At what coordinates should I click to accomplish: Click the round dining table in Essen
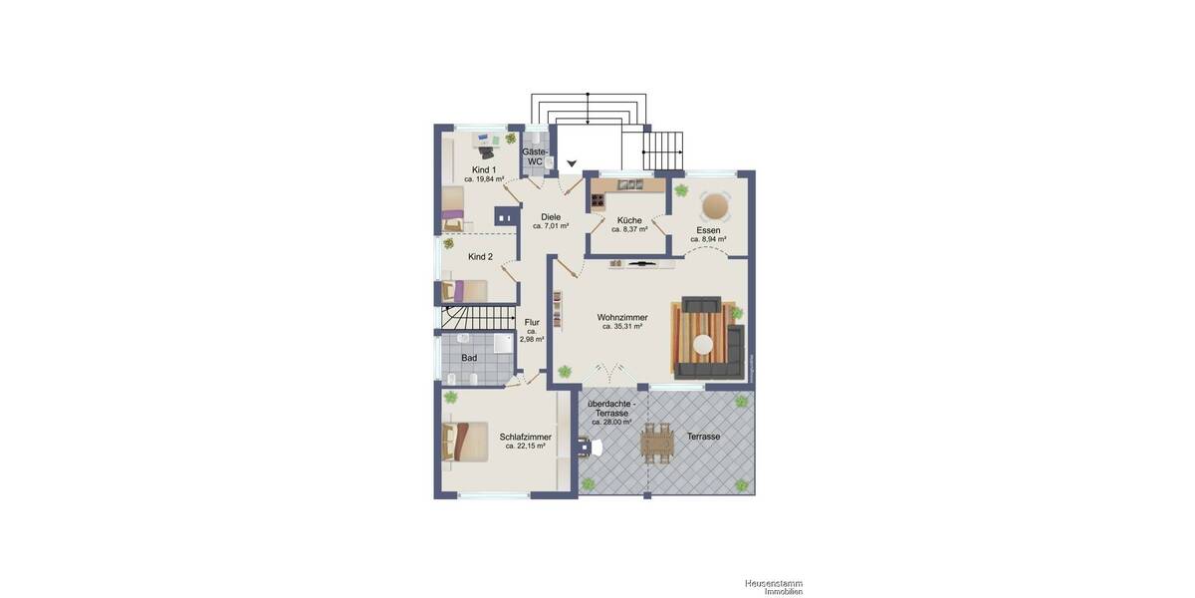click(x=715, y=206)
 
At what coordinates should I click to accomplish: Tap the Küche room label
click(x=629, y=220)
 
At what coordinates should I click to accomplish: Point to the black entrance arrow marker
click(x=572, y=163)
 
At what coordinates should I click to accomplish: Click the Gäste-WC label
click(x=535, y=156)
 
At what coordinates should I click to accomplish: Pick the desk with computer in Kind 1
click(x=484, y=147)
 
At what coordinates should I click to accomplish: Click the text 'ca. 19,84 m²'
click(x=484, y=180)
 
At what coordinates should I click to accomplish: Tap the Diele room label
click(x=551, y=216)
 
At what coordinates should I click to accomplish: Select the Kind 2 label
click(x=481, y=256)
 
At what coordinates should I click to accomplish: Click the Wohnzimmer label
click(x=622, y=317)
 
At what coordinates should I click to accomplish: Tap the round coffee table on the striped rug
click(x=704, y=345)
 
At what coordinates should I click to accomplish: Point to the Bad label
click(x=469, y=357)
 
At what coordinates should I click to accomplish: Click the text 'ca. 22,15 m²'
click(x=525, y=447)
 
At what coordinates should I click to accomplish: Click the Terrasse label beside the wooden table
click(x=703, y=437)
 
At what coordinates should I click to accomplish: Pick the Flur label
click(x=532, y=322)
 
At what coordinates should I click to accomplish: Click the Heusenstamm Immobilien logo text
click(x=774, y=587)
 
